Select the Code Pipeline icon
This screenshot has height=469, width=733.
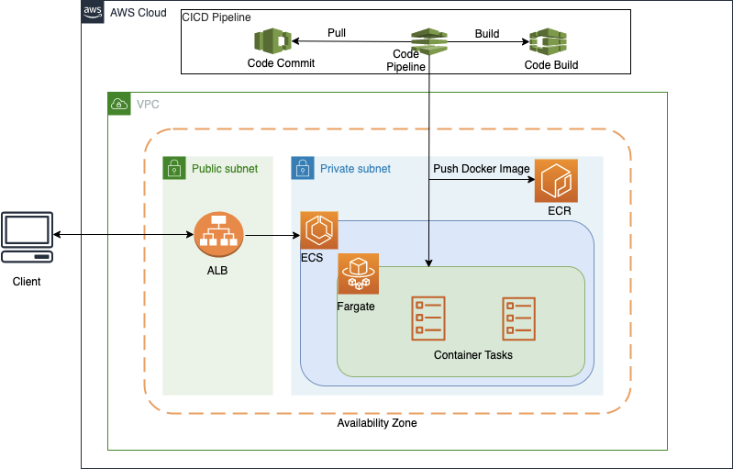pos(428,41)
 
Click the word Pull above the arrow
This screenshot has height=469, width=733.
pos(337,33)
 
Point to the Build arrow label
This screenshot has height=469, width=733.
pos(487,33)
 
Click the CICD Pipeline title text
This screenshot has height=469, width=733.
pos(217,17)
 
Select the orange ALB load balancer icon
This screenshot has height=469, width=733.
pos(218,236)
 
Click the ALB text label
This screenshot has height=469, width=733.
pos(218,271)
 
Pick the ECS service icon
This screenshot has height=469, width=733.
pos(319,230)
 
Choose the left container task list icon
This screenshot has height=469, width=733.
pos(429,318)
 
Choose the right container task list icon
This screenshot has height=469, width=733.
pos(518,318)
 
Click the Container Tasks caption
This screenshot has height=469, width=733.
pos(472,355)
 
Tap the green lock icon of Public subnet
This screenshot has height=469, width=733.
pos(174,168)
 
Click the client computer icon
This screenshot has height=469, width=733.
pos(27,237)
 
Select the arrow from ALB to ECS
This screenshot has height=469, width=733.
pos(272,236)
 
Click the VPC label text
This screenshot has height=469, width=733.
pos(148,104)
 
